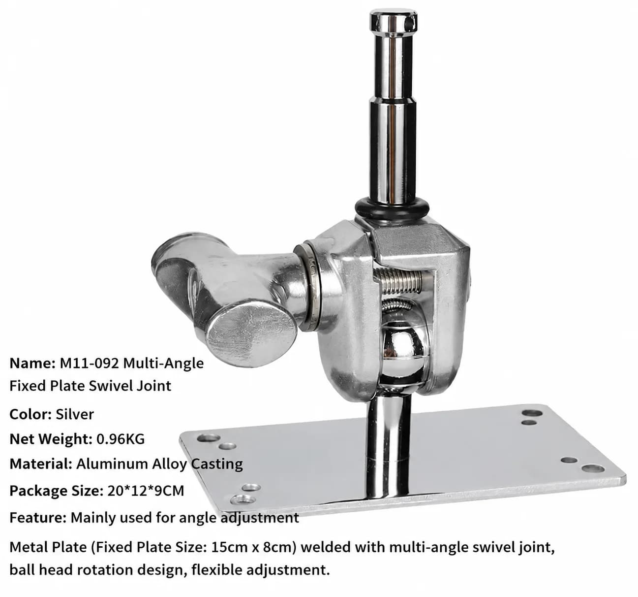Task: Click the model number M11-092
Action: click(90, 364)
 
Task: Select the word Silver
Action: click(75, 414)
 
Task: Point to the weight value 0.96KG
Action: click(121, 439)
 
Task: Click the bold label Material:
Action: click(41, 464)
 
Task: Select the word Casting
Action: click(217, 464)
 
